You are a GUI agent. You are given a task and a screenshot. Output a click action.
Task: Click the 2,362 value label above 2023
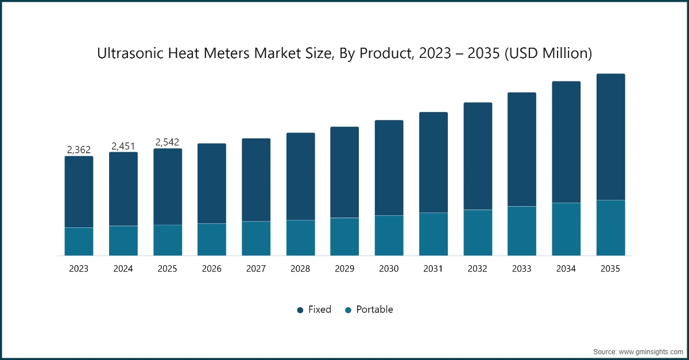79,150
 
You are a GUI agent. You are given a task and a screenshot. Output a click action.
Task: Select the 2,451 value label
123,146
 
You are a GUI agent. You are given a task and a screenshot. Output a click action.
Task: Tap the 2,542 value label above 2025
168,142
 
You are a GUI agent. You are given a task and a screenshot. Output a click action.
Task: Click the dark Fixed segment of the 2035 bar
610,137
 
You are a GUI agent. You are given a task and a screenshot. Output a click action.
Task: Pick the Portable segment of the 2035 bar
610,227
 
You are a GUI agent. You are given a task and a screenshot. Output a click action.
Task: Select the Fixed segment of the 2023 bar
79,192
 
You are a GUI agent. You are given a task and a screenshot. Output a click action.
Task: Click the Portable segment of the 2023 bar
79,241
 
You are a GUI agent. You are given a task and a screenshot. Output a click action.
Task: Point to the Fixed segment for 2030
389,168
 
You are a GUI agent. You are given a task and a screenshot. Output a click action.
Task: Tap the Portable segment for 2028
301,238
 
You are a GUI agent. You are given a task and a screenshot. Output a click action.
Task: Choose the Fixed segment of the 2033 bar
522,149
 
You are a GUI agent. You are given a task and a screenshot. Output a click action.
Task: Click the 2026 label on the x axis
212,269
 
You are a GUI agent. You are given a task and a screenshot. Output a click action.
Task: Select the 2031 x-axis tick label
433,269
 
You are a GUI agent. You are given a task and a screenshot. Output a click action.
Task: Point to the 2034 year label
566,269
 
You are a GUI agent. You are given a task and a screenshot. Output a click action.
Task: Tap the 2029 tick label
344,269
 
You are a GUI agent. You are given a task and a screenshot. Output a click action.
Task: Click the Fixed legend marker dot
300,310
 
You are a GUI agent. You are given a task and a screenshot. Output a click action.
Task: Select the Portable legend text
374,309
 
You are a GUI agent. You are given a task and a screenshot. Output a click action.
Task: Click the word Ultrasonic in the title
129,53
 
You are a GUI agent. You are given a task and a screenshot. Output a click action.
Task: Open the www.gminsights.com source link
652,350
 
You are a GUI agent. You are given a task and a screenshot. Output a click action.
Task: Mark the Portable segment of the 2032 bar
478,233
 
